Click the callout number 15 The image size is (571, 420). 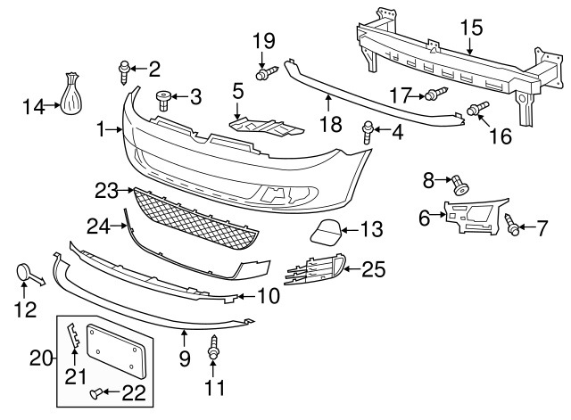click(470, 26)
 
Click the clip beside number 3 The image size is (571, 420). click(162, 96)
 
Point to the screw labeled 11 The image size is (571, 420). click(214, 349)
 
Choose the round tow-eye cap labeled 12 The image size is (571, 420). click(24, 273)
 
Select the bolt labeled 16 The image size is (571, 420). click(477, 111)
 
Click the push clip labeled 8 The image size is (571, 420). click(460, 184)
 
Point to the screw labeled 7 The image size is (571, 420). click(514, 226)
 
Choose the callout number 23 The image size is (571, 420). click(107, 190)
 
